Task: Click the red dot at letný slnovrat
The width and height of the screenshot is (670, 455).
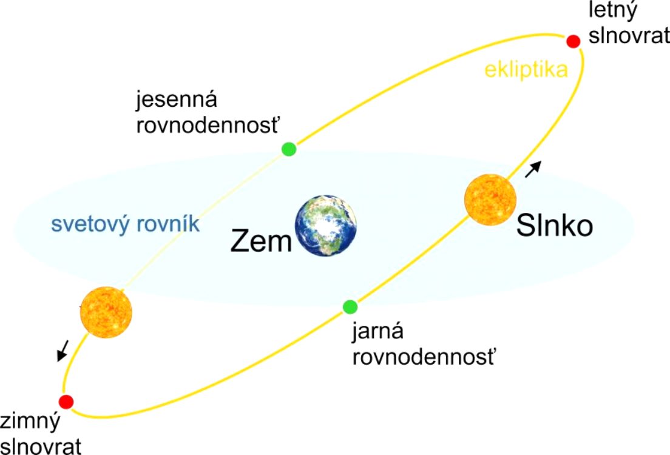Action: tap(573, 41)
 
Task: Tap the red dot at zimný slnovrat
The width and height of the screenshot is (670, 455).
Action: tap(66, 402)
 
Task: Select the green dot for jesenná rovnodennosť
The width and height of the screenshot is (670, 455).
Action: tap(289, 149)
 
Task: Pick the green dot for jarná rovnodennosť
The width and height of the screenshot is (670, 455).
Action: tap(350, 307)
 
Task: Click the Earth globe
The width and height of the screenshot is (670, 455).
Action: tap(326, 226)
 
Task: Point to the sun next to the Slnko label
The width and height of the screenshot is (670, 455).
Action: tap(490, 200)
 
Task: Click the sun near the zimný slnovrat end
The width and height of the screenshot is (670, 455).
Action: tap(106, 312)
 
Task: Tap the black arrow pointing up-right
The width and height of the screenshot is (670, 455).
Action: tap(533, 169)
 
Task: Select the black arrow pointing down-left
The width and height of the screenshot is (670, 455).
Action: tap(63, 351)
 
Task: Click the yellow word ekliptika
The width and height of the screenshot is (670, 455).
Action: tap(526, 69)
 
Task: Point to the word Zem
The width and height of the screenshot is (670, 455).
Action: tap(261, 241)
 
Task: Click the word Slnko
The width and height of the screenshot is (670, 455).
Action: tap(555, 225)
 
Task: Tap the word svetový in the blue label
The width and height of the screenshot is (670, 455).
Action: tap(89, 224)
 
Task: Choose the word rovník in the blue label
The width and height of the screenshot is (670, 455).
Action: tap(167, 223)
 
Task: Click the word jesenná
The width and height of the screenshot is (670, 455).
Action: tap(177, 99)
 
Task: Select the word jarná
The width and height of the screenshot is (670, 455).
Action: tap(377, 331)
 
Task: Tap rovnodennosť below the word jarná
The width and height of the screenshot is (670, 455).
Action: tap(424, 356)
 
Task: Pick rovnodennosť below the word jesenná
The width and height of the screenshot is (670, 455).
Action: tap(208, 125)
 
